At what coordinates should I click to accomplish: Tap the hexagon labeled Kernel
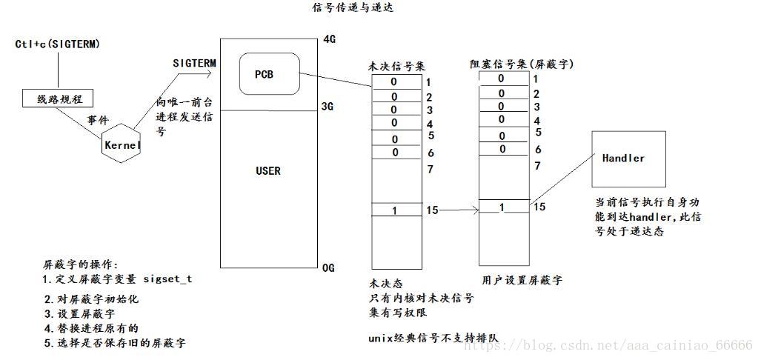[122, 145]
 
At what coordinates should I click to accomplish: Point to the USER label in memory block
[267, 171]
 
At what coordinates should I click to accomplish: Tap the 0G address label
[329, 267]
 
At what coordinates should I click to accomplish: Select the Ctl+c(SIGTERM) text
[57, 44]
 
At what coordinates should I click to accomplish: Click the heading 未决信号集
[397, 67]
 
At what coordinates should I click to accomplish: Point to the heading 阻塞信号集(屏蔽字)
[521, 64]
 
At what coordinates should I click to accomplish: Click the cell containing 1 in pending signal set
[394, 210]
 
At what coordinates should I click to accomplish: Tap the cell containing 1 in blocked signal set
[502, 207]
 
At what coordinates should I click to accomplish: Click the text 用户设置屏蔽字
[522, 281]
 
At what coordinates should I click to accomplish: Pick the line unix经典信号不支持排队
[433, 339]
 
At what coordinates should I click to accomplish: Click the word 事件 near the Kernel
[99, 119]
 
